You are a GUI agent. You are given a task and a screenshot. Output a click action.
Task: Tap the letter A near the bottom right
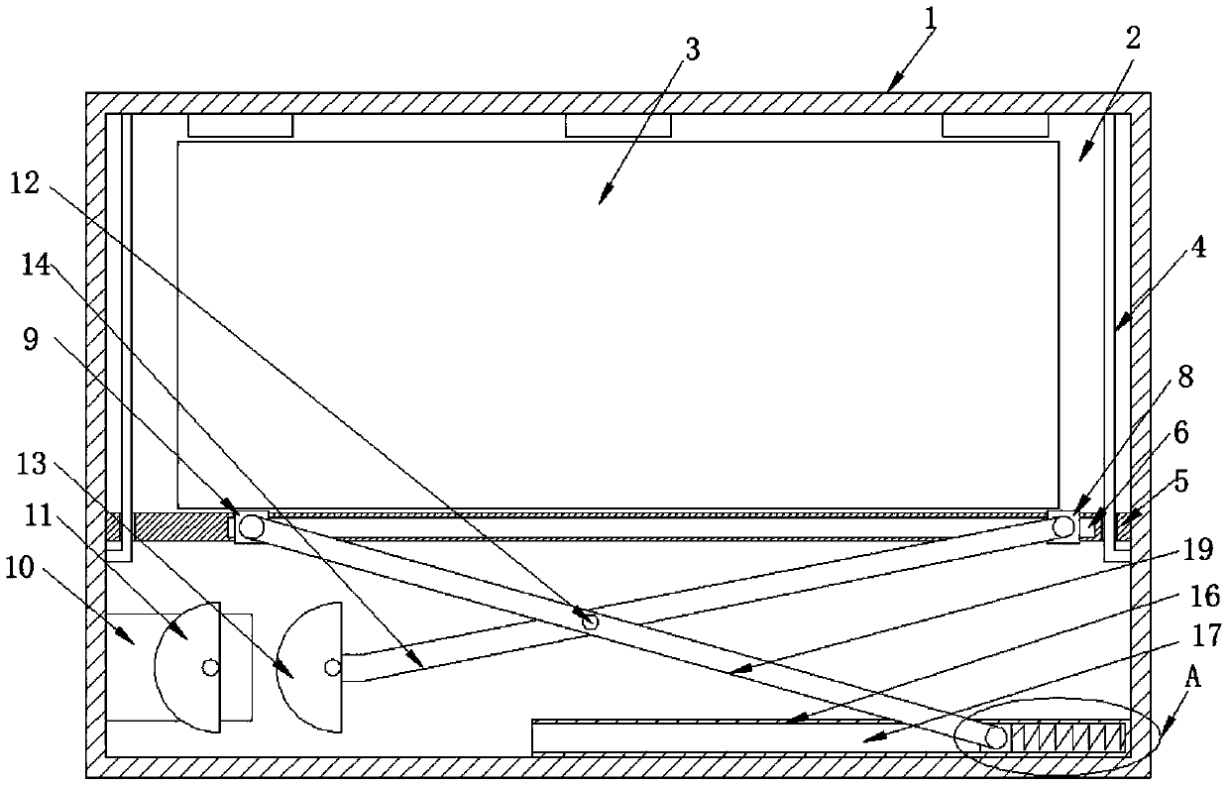coord(1193,678)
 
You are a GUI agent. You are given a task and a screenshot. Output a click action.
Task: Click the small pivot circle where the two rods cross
coord(591,621)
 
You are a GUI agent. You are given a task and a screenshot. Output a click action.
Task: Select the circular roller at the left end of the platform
coord(251,526)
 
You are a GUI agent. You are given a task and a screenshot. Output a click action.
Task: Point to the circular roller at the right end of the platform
coord(1064,526)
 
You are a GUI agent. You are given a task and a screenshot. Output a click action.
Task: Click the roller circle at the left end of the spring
coord(996,736)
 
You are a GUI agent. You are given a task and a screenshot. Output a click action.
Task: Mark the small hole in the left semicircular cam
coord(209,667)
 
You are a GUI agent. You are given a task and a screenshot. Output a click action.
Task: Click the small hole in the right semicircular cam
coord(331,667)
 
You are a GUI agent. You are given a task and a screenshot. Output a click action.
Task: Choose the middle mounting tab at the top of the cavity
coord(617,126)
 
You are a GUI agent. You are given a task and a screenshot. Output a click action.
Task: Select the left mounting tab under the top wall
coord(241,126)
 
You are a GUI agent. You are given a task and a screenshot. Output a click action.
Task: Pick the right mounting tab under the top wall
coord(994,126)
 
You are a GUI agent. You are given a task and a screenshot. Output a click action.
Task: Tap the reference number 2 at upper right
coord(1133,41)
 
